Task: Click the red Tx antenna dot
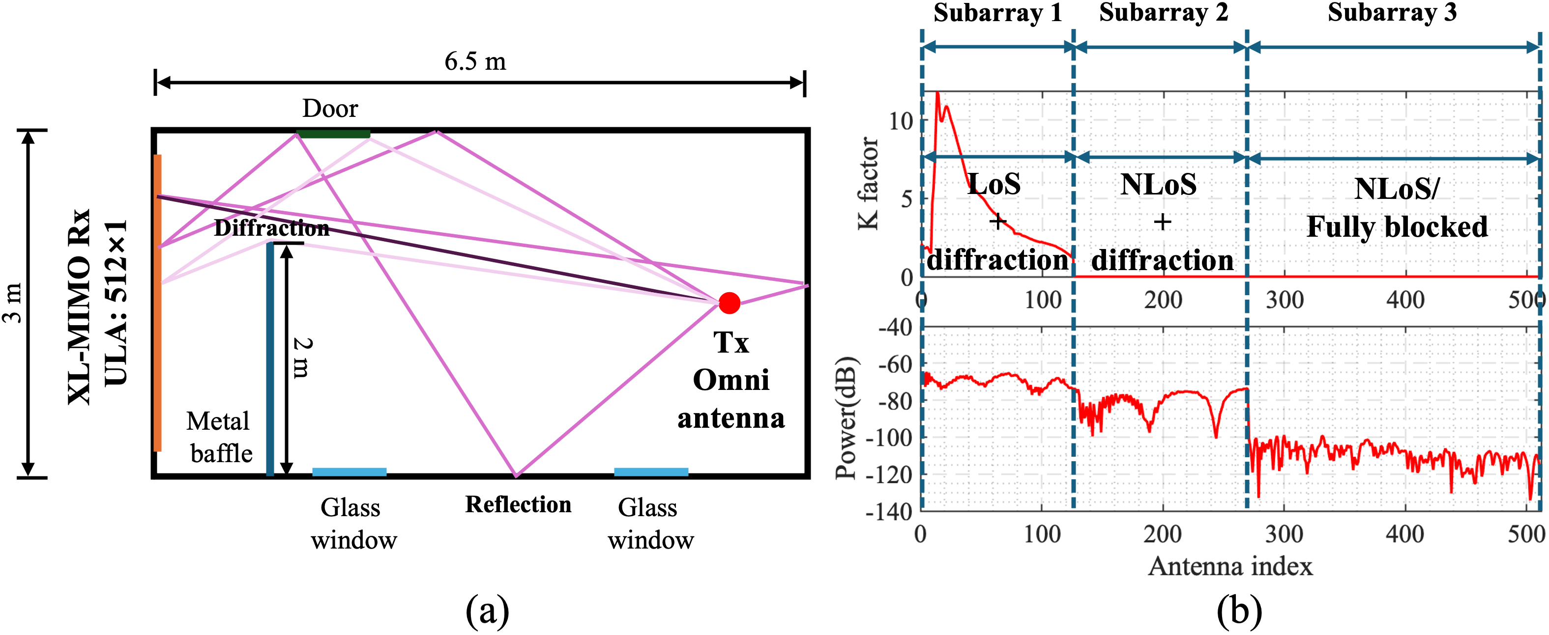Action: click(729, 304)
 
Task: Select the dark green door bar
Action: click(333, 134)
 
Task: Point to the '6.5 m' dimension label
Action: click(475, 61)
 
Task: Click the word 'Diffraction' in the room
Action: click(272, 228)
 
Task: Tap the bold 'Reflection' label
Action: click(518, 505)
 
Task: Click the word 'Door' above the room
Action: click(330, 109)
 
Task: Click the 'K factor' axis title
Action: click(868, 183)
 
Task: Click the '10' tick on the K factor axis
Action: click(901, 121)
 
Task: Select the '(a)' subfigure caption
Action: click(487, 611)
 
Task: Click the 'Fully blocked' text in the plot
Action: click(1397, 227)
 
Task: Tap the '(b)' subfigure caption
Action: click(1239, 611)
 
